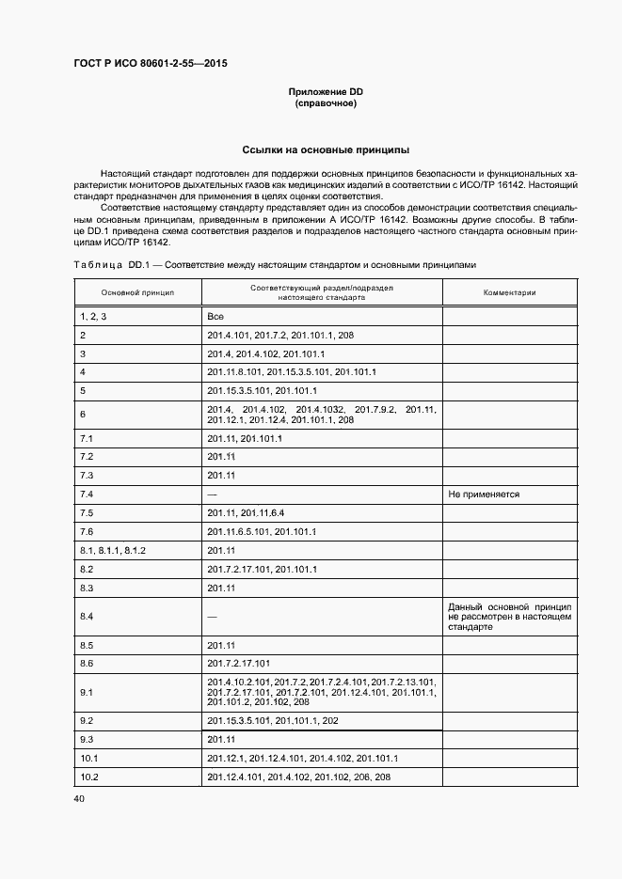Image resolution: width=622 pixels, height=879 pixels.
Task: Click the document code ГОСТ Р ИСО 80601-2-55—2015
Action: click(150, 64)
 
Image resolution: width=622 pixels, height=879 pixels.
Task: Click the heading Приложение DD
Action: click(325, 91)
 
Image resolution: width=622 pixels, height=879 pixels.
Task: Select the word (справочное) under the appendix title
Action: click(325, 102)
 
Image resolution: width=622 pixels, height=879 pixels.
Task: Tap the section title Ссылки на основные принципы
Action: click(325, 149)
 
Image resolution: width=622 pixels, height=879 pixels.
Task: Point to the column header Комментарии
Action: click(509, 292)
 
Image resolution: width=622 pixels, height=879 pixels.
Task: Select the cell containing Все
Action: click(215, 318)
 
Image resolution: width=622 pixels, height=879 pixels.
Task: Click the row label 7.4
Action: click(87, 494)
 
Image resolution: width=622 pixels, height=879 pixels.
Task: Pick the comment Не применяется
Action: click(485, 494)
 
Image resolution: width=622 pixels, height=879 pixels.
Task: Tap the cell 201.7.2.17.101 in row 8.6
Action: click(238, 663)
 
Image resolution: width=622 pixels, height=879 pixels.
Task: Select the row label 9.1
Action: click(87, 692)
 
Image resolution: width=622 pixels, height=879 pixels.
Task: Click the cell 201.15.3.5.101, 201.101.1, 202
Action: click(272, 720)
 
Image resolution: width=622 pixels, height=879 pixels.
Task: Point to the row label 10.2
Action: click(90, 777)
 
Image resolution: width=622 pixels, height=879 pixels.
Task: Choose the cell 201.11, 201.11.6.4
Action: click(245, 512)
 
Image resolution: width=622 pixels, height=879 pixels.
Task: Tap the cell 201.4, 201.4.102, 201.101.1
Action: click(265, 353)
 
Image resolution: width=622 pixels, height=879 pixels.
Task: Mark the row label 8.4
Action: click(87, 616)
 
